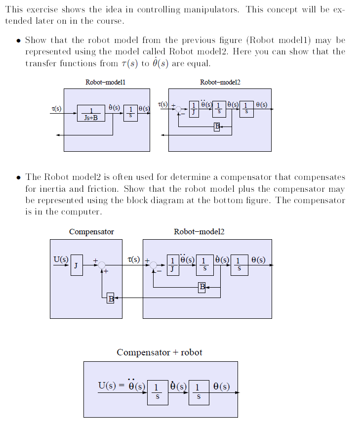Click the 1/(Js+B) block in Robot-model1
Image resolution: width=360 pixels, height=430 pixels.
91,113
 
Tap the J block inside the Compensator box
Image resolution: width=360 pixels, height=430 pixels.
76,265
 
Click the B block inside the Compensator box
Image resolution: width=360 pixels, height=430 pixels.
110,298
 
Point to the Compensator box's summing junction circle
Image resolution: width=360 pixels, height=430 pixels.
102,265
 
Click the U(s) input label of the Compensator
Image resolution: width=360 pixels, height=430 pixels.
61,259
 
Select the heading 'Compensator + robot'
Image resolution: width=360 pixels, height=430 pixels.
159,352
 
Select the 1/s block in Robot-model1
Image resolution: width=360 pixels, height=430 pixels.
130,112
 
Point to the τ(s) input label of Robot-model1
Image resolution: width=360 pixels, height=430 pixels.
57,108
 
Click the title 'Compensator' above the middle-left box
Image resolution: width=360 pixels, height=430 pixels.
91,231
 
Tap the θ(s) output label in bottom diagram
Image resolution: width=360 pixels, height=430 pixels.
221,386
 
